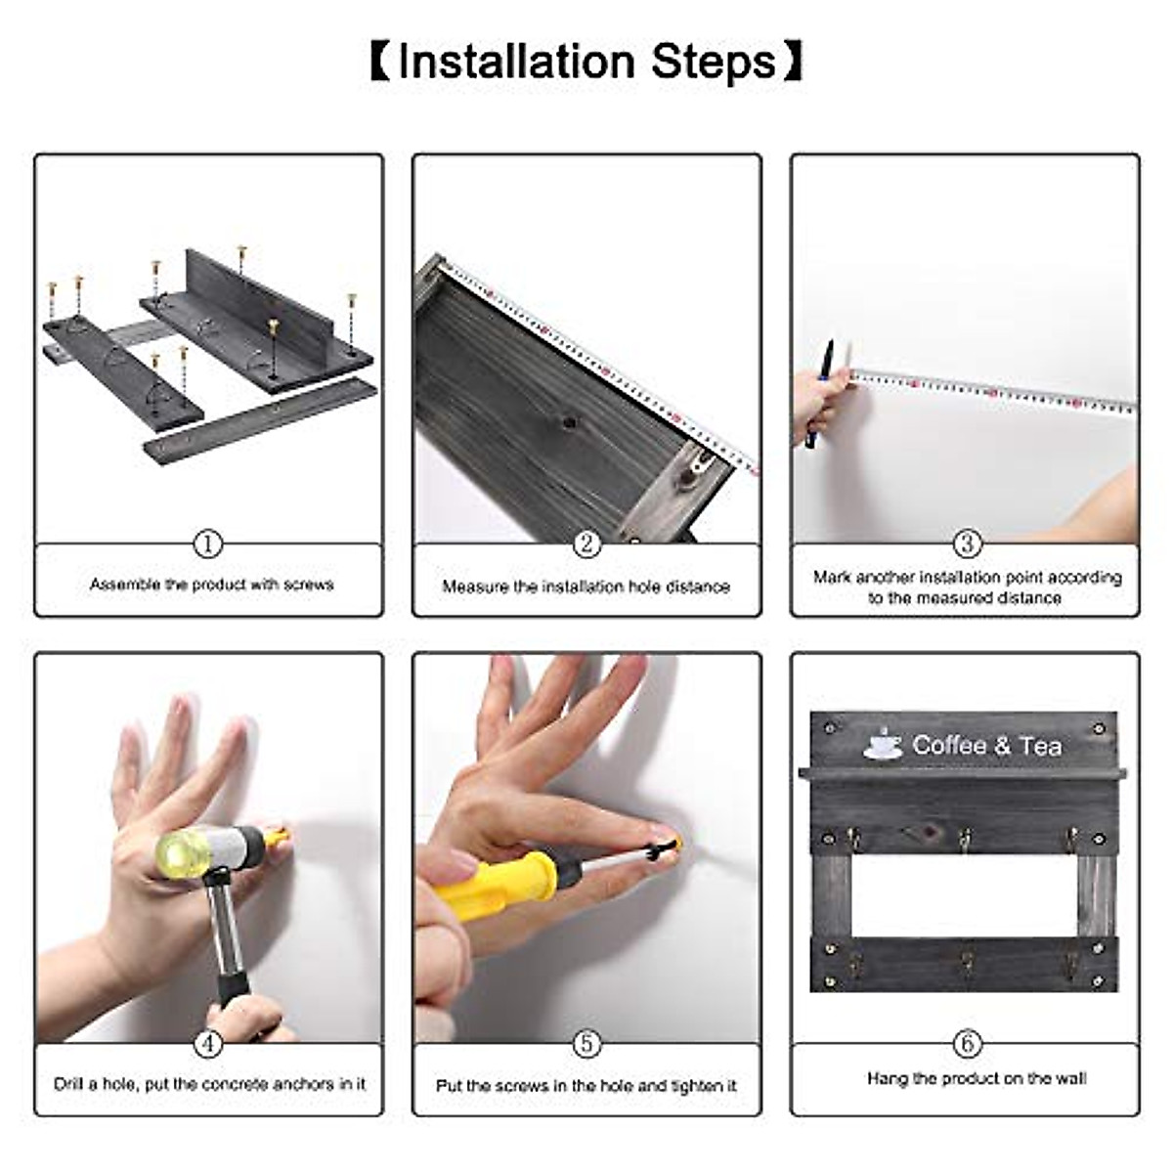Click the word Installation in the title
[516, 63]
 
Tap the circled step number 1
[208, 543]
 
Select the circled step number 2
[586, 543]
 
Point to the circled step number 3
[967, 543]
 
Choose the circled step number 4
[208, 1044]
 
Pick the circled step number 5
[586, 1044]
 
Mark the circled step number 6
[967, 1044]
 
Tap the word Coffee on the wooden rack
[949, 745]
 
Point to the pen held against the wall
[819, 395]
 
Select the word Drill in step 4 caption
[67, 1084]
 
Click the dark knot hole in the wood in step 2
[569, 421]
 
